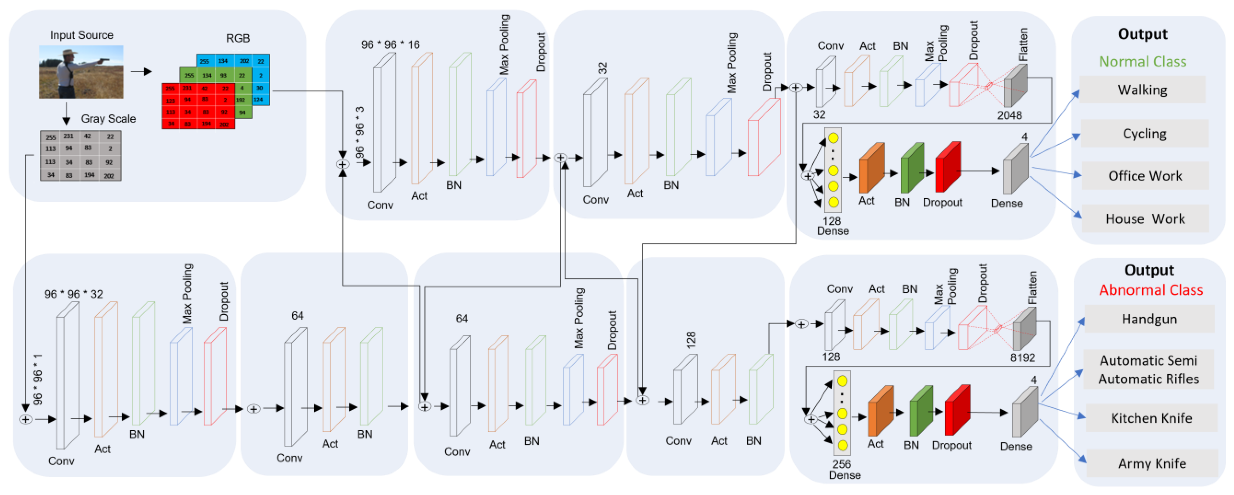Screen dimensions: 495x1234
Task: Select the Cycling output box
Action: point(1144,134)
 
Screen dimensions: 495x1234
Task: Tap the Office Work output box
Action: point(1144,176)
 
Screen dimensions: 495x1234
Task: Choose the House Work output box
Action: point(1144,219)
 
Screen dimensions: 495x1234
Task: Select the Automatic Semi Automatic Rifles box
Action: point(1148,370)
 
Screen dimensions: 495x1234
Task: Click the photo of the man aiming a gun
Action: point(81,72)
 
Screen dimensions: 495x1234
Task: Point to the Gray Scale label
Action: point(108,118)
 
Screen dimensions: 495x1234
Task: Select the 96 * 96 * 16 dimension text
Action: point(390,44)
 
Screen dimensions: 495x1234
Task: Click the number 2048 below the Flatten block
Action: point(1009,115)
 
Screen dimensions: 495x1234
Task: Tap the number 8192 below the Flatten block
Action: point(1022,358)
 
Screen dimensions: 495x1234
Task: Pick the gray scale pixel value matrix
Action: point(80,156)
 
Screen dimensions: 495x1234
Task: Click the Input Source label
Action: point(82,35)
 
